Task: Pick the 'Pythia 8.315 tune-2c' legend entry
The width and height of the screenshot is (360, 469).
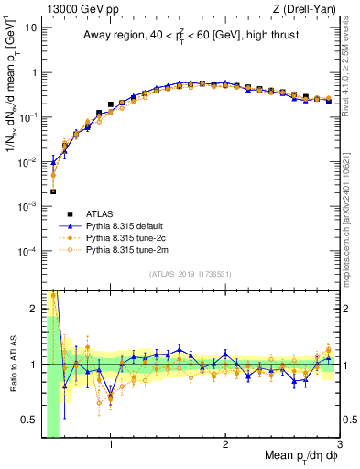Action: [x=128, y=237]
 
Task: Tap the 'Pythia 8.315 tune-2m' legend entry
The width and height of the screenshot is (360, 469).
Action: [x=128, y=248]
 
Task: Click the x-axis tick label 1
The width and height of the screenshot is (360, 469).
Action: [x=111, y=446]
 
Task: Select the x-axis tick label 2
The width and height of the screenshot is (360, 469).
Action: [x=225, y=446]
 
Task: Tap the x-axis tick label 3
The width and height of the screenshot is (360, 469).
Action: [x=339, y=446]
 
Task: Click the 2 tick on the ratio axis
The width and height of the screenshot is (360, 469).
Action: [x=35, y=309]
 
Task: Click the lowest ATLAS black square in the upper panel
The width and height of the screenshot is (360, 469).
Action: [x=53, y=191]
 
